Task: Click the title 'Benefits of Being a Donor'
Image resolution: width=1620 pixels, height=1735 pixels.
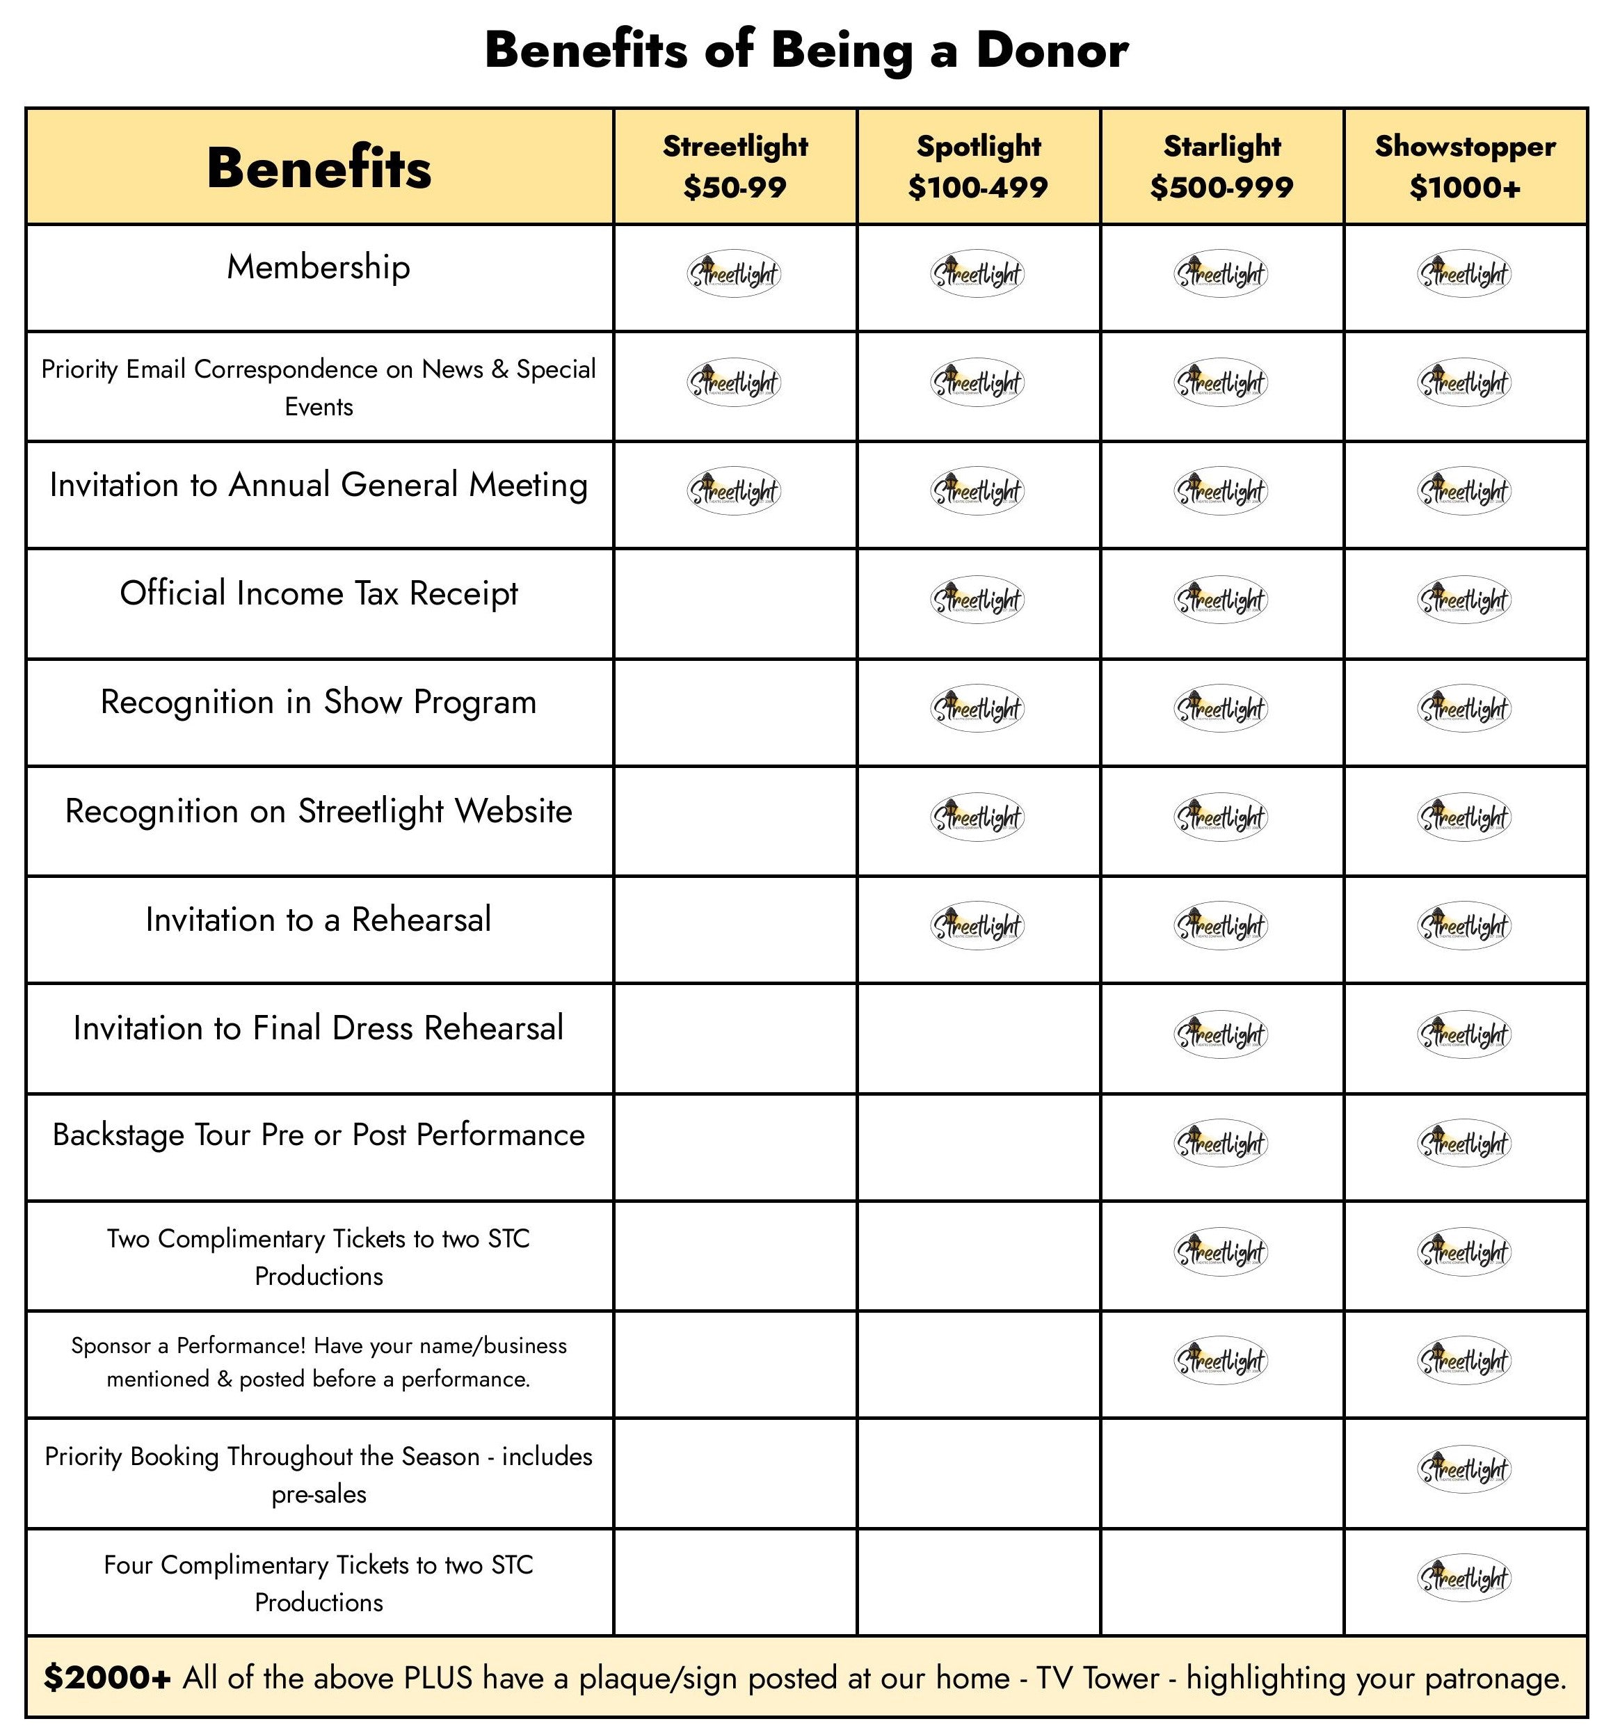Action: pyautogui.click(x=805, y=50)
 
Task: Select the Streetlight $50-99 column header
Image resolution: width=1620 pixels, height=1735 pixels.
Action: pyautogui.click(x=735, y=166)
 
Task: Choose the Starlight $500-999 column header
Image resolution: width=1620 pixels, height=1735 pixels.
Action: pyautogui.click(x=1221, y=166)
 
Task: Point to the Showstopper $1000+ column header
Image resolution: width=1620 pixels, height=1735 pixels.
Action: pyautogui.click(x=1465, y=166)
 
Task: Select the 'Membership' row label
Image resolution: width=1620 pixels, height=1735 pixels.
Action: pyautogui.click(x=319, y=267)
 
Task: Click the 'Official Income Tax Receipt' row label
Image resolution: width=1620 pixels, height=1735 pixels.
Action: pyautogui.click(x=319, y=593)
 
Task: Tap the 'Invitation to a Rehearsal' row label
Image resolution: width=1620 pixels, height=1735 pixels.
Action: pyautogui.click(x=319, y=920)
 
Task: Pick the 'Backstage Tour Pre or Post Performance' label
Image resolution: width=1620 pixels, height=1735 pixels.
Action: pyautogui.click(x=319, y=1135)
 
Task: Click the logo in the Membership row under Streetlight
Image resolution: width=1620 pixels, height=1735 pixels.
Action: pyautogui.click(x=734, y=274)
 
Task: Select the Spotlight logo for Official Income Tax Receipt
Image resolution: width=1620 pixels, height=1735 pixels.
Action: pyautogui.click(x=977, y=600)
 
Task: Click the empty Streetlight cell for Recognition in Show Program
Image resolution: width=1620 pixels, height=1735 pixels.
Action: pyautogui.click(x=735, y=711)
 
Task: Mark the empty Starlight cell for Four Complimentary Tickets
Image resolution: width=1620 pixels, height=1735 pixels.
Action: pyautogui.click(x=1221, y=1581)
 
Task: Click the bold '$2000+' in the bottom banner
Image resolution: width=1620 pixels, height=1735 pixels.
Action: pyautogui.click(x=106, y=1677)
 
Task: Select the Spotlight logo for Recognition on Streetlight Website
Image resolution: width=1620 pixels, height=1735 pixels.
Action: pyautogui.click(x=977, y=817)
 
